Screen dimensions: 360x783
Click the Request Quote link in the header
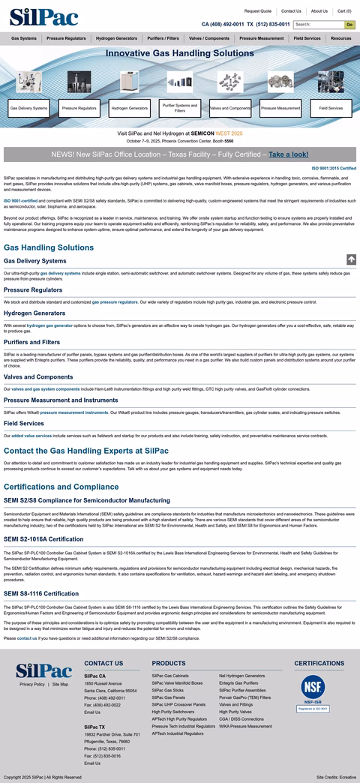tap(258, 11)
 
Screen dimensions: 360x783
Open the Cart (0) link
tap(344, 11)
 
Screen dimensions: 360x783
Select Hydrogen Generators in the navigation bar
tap(116, 38)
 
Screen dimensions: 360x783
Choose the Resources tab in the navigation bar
tap(340, 38)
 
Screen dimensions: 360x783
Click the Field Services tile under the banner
tap(331, 108)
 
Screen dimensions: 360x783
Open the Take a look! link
tap(288, 154)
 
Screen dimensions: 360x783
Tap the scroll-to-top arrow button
tap(351, 259)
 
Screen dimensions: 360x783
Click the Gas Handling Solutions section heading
tap(49, 247)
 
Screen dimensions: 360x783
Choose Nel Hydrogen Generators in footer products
tap(241, 676)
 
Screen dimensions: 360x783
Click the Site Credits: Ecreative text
tap(336, 777)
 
